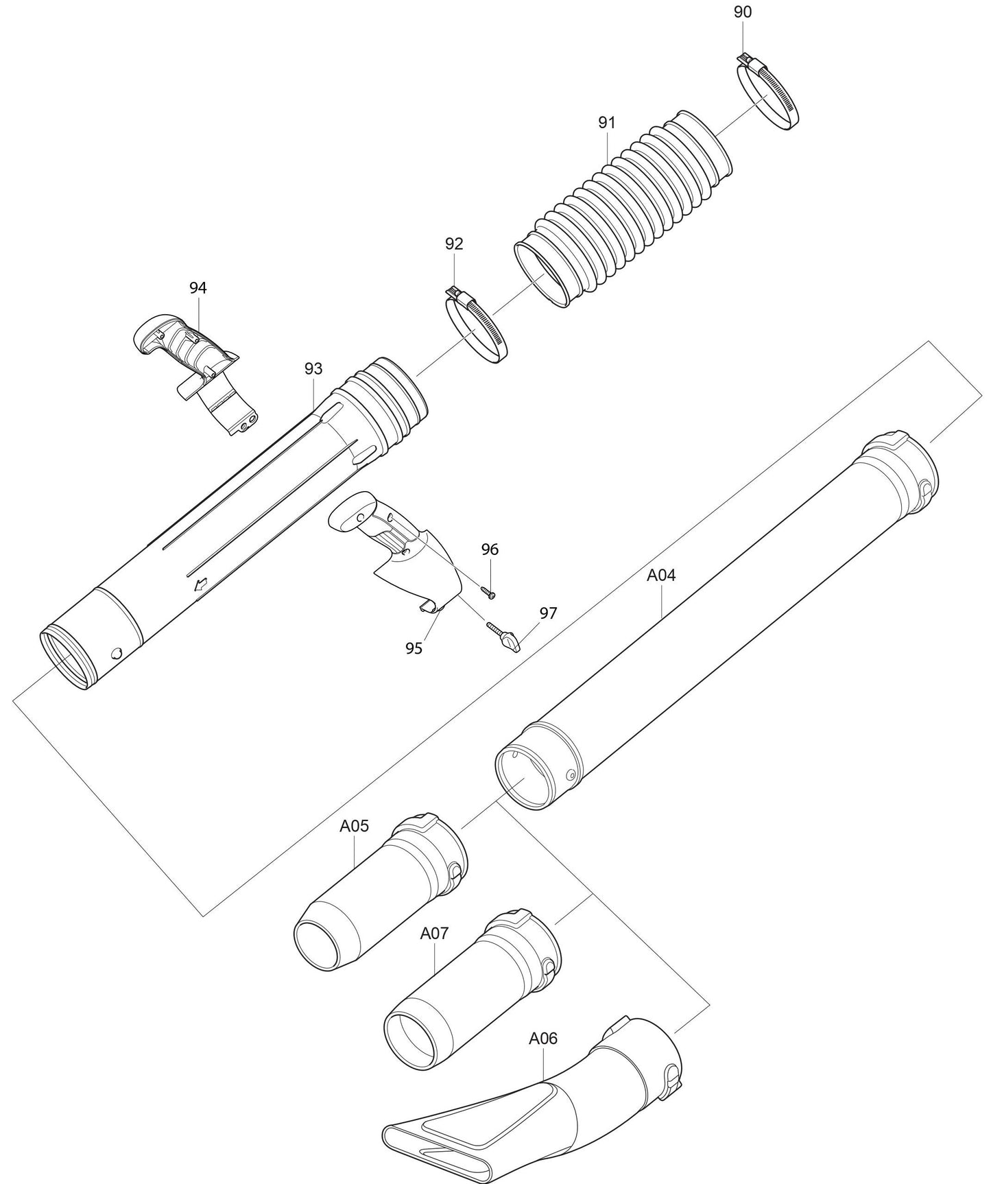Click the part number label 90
click(742, 12)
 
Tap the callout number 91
click(606, 123)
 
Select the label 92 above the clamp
click(454, 244)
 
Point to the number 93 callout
click(313, 369)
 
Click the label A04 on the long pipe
click(661, 576)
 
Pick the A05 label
click(355, 826)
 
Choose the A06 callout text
click(543, 1039)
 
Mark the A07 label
click(434, 934)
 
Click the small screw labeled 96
click(490, 591)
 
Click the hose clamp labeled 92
click(476, 327)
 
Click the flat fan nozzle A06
click(535, 1111)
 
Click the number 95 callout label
click(414, 648)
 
